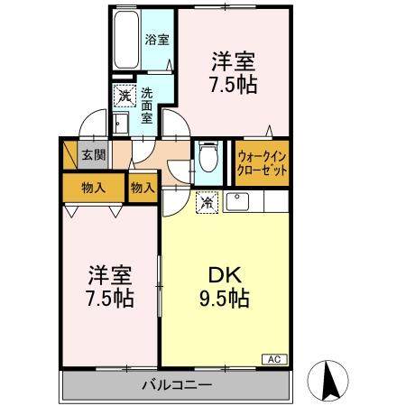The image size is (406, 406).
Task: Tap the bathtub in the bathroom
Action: pyautogui.click(x=125, y=42)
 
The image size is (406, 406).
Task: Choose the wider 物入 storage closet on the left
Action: pyautogui.click(x=93, y=188)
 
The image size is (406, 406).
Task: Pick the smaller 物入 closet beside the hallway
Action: pyautogui.click(x=143, y=188)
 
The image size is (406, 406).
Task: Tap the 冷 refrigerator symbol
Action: pyautogui.click(x=208, y=203)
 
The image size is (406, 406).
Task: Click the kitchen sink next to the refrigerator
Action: pyautogui.click(x=239, y=201)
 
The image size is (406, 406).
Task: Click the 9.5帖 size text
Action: pyautogui.click(x=224, y=297)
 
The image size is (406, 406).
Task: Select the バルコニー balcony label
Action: pyautogui.click(x=176, y=385)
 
